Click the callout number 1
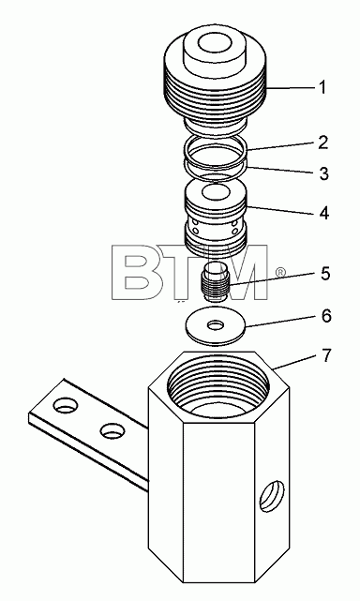coord(322,87)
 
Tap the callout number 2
coord(323,143)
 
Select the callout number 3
coord(324,173)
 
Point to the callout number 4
coord(324,212)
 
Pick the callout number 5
coord(325,274)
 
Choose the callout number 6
coord(326,316)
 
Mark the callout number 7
coord(325,355)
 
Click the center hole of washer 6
coord(215,325)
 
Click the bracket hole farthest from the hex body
coord(67,405)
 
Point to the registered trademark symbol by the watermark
coord(281,272)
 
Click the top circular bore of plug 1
coord(215,44)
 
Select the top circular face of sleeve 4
coord(216,191)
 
